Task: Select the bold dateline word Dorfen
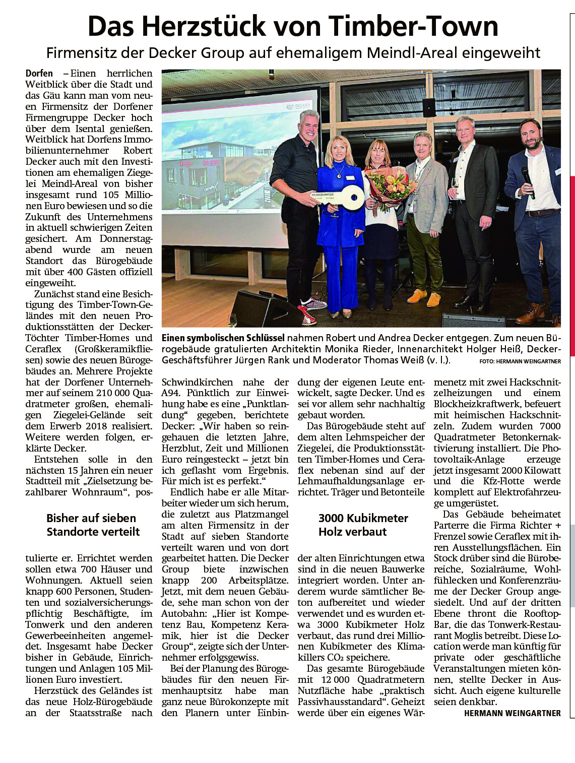coord(39,74)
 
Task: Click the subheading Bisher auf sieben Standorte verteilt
coord(92,525)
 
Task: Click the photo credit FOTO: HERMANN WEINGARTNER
coord(520,361)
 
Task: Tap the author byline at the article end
coord(512,713)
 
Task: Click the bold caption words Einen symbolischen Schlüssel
coord(223,338)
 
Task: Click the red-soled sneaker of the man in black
coord(308,317)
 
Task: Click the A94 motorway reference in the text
coord(171,393)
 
